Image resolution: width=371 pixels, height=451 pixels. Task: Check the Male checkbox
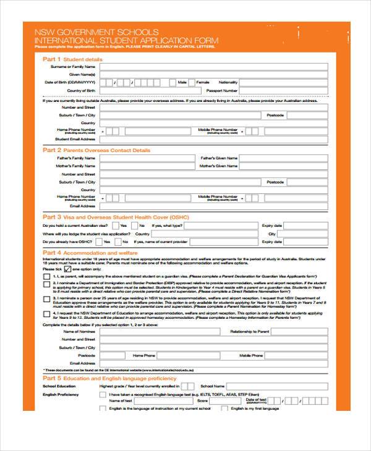click(x=191, y=82)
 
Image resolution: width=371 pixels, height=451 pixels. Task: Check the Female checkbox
click(x=215, y=82)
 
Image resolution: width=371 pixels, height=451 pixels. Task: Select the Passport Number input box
click(x=284, y=90)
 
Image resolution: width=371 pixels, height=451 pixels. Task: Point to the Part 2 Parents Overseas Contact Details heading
click(x=96, y=150)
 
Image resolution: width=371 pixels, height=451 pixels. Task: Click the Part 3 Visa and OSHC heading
click(x=115, y=217)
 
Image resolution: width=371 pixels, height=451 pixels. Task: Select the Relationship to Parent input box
click(x=301, y=332)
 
